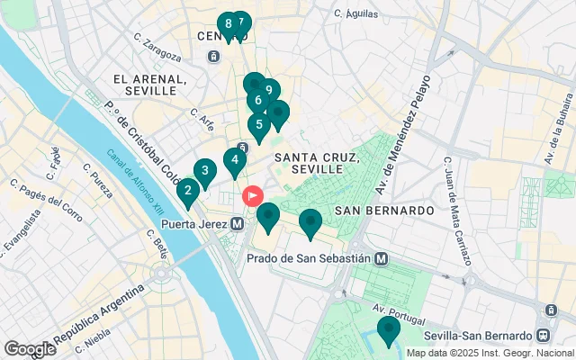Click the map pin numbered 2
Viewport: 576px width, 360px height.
(x=188, y=191)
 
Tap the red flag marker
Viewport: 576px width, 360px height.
(x=254, y=194)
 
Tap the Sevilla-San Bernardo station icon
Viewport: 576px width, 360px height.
(x=543, y=335)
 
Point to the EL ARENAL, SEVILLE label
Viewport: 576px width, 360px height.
(x=150, y=85)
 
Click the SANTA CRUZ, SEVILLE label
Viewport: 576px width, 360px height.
(x=317, y=163)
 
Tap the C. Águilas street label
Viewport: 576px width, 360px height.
(x=353, y=13)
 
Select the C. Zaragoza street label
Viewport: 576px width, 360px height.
(x=157, y=47)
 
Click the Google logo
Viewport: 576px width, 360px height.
(x=30, y=349)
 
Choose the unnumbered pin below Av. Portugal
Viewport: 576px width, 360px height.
(x=388, y=329)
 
